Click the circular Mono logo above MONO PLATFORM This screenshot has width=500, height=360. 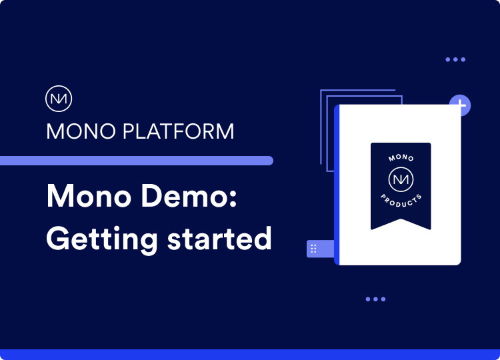[x=59, y=99]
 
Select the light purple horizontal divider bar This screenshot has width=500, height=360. [x=137, y=161]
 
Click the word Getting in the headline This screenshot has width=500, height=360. [x=97, y=239]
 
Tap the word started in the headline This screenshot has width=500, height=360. [x=217, y=239]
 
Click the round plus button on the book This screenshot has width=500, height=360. [x=460, y=105]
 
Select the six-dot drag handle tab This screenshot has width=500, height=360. [x=313, y=248]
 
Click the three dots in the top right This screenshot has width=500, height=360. [x=455, y=60]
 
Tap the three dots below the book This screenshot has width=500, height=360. [x=375, y=299]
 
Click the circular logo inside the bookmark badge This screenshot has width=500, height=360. [x=401, y=180]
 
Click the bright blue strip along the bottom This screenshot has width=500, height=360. [x=250, y=355]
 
